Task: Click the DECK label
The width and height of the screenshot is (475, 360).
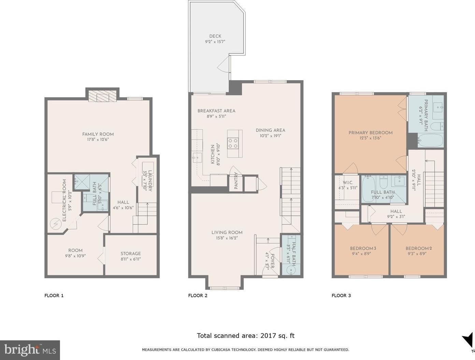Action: [215, 36]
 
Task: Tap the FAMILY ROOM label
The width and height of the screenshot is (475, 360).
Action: [98, 134]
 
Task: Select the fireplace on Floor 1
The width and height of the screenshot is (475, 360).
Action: [102, 96]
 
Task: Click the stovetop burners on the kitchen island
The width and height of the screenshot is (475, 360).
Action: [233, 143]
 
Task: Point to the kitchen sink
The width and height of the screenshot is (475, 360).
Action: [197, 158]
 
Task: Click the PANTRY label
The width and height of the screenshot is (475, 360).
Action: [236, 181]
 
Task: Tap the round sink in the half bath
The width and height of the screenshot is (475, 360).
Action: [291, 270]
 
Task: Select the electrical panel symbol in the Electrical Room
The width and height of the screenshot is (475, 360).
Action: [54, 224]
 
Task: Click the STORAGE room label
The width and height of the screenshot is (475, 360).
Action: [130, 253]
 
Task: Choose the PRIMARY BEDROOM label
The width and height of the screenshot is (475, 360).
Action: [370, 133]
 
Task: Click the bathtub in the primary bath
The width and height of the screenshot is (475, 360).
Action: [430, 140]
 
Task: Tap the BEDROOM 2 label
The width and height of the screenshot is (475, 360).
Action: [418, 248]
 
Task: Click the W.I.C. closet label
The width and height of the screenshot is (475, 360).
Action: [348, 183]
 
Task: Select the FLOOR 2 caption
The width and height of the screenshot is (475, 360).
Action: [198, 296]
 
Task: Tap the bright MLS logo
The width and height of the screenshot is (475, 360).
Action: [30, 350]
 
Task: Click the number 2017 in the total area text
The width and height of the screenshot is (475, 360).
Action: [268, 335]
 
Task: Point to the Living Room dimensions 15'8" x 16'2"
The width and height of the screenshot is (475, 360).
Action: [227, 238]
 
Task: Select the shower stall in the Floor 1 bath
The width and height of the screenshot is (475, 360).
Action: [82, 182]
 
